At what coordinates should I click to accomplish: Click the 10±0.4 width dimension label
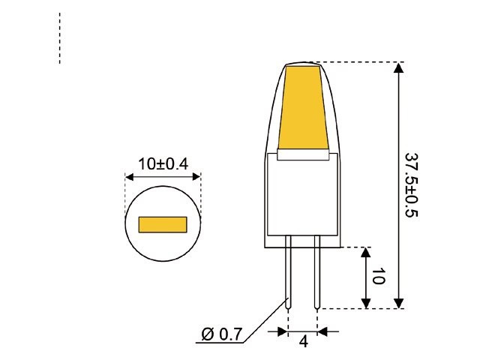tap(163, 163)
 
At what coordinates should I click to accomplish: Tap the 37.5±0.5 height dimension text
tap(412, 185)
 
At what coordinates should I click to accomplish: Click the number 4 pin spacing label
tap(304, 343)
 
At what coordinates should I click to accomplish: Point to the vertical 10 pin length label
tap(377, 277)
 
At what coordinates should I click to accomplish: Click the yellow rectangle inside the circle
tap(163, 224)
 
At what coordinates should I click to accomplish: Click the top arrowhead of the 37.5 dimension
tap(399, 67)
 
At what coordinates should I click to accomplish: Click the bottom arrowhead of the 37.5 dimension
tap(399, 301)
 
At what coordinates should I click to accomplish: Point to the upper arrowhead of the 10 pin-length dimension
tap(366, 252)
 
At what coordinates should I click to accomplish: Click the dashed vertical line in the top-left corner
tap(59, 37)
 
